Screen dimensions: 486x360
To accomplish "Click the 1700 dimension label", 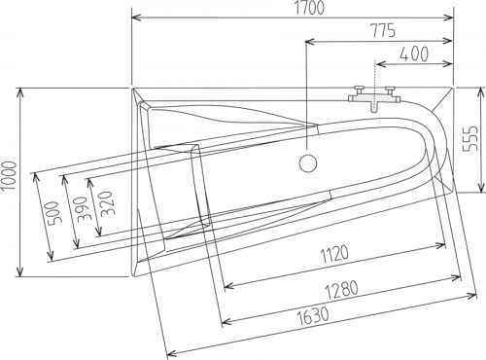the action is tap(309, 8).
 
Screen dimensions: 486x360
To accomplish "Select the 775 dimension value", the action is tap(383, 30).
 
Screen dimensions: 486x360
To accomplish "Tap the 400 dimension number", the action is tap(414, 54).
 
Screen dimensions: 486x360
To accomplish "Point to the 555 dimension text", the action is tap(469, 138).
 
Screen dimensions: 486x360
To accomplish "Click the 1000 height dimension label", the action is tap(9, 176).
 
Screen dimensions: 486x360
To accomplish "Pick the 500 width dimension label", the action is tap(53, 214).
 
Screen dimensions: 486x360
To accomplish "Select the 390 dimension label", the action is tap(81, 209).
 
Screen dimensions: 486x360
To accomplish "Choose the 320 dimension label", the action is tap(106, 204).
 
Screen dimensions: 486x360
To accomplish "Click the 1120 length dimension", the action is tap(334, 254).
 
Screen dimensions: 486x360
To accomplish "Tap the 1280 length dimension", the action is tap(342, 290).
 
